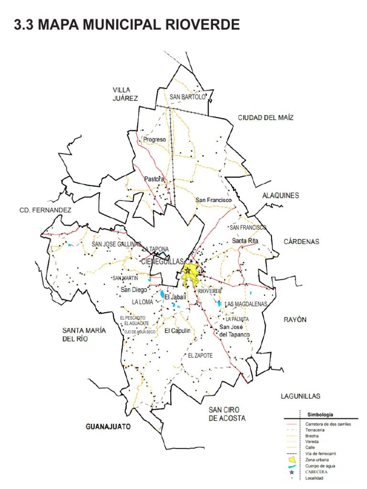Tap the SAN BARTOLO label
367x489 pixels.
tap(187, 97)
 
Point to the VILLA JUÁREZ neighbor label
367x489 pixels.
tap(125, 94)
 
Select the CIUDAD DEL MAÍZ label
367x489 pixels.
tap(266, 117)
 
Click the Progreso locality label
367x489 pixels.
tap(154, 140)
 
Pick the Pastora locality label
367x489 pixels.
tap(153, 179)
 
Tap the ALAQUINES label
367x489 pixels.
tap(281, 195)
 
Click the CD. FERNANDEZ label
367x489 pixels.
tap(45, 210)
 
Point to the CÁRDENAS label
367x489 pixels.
tap(301, 242)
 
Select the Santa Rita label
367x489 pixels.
tap(245, 241)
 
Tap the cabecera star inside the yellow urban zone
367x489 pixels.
tap(188, 271)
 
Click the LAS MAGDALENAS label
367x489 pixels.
tap(246, 304)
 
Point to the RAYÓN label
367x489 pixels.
tap(295, 319)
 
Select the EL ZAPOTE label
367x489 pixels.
tap(200, 356)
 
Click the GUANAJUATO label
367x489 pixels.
tap(108, 426)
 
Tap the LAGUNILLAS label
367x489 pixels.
tap(300, 396)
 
